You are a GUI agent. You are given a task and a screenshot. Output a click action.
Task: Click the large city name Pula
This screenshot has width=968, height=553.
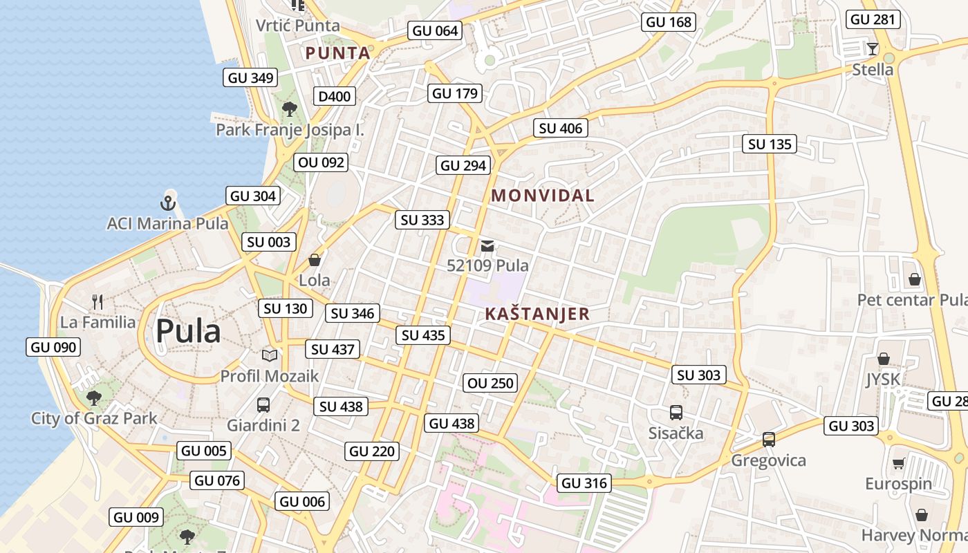tap(188, 332)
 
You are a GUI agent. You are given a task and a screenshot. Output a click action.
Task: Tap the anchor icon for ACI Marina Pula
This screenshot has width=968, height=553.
tap(167, 203)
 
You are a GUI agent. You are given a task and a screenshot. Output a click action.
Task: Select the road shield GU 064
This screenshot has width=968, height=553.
tap(436, 30)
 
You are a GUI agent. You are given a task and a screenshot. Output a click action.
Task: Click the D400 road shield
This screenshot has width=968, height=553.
tap(335, 96)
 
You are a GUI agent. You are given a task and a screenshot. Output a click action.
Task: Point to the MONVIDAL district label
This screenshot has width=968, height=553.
tap(543, 196)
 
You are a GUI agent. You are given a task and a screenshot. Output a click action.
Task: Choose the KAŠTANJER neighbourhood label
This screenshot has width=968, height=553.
tap(537, 314)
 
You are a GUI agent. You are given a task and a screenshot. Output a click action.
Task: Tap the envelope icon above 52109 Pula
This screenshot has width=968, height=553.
tap(487, 245)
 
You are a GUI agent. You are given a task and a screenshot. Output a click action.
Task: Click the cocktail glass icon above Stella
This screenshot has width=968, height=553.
tap(873, 48)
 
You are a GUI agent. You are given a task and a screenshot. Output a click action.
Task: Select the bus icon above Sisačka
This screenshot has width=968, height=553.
tap(676, 413)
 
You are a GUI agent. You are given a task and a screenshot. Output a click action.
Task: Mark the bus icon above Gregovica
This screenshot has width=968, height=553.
tap(768, 439)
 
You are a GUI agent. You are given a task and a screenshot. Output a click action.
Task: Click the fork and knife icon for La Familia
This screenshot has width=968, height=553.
tap(97, 301)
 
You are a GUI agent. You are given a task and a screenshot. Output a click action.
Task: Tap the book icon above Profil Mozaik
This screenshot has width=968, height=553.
tap(269, 355)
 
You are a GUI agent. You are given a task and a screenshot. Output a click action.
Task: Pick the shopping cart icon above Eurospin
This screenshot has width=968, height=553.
tap(898, 463)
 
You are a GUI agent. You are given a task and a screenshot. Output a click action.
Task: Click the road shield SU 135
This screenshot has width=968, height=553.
tap(770, 144)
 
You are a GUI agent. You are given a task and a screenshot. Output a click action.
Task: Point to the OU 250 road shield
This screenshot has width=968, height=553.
tap(491, 383)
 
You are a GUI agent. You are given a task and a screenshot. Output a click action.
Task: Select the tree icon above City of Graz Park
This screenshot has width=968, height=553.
tap(93, 397)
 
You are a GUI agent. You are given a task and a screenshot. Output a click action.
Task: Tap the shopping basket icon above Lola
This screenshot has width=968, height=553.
tap(315, 260)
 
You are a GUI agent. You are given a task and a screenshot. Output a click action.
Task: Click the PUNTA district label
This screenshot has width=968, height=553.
tap(338, 53)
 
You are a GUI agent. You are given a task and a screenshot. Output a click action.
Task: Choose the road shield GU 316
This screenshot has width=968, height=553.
tap(585, 483)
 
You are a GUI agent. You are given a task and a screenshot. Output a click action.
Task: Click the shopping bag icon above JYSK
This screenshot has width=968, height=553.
tap(883, 359)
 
